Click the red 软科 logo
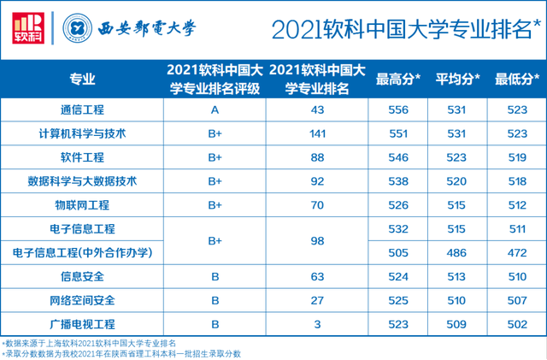(x=28, y=28)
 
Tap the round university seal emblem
(x=78, y=28)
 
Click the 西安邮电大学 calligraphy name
(x=147, y=28)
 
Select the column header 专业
(x=82, y=80)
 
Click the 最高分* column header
(x=398, y=80)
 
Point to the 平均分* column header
(x=457, y=80)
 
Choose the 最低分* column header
(x=517, y=80)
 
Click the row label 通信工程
(x=82, y=110)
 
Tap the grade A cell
(x=215, y=110)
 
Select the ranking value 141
(x=317, y=133)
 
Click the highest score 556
(x=398, y=110)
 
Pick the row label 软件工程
(x=82, y=157)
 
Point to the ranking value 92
(x=317, y=181)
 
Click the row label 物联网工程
(x=82, y=205)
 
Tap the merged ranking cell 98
(x=317, y=241)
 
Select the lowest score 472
(x=517, y=253)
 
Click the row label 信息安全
(x=82, y=277)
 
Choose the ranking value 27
(x=317, y=301)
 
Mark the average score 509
(x=456, y=324)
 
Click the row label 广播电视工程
(x=82, y=324)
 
